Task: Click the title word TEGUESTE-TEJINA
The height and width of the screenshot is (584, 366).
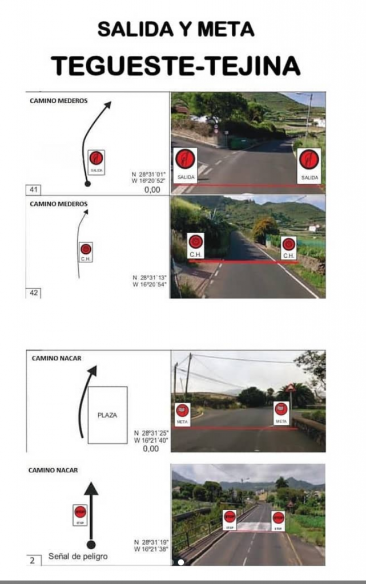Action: pos(176,66)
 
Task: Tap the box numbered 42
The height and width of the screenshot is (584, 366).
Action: pos(33,293)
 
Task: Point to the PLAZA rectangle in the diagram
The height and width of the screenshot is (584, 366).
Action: pos(107,415)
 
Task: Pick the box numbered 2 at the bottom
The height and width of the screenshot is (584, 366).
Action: pos(33,561)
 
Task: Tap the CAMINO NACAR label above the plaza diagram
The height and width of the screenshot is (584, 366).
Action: pos(57,358)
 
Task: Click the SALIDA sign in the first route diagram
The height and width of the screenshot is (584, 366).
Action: pos(96,161)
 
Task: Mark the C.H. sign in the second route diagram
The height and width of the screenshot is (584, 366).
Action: pos(85,252)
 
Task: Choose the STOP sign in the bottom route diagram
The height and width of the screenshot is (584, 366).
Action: pos(79,514)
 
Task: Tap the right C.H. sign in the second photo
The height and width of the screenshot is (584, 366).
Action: pos(289,248)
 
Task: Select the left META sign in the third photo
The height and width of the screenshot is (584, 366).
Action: pos(182,413)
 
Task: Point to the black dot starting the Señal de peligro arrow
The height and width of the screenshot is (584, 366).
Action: pos(91,544)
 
